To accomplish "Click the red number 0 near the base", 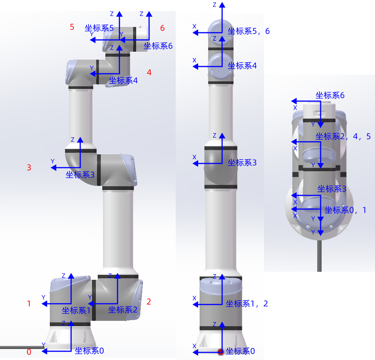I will (x=29, y=352).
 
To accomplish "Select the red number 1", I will (x=29, y=304).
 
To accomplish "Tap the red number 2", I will (x=149, y=302).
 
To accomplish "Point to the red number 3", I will (x=29, y=167).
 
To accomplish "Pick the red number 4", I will (x=149, y=72).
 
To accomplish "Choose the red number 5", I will (x=72, y=27).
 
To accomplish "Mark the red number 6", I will (x=162, y=28).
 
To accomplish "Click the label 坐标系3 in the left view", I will (x=80, y=175).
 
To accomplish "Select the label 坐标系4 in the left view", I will (x=123, y=81).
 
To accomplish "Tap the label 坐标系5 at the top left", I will (x=99, y=28).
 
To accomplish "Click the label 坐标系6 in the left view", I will (x=158, y=46).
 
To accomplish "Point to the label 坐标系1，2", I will (x=247, y=303).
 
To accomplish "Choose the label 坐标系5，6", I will (x=249, y=31).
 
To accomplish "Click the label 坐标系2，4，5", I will (x=343, y=136).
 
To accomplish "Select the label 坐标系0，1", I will (x=346, y=210).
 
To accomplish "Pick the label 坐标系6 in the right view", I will (x=330, y=95).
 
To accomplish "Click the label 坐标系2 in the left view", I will (x=122, y=310).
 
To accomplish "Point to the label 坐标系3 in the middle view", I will (x=242, y=163).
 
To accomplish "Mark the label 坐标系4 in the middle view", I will (x=242, y=66).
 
